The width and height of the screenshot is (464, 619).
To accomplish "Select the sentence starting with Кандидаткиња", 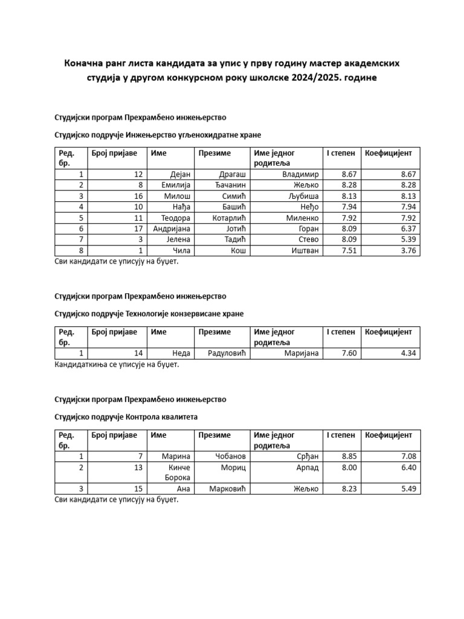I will (x=117, y=365).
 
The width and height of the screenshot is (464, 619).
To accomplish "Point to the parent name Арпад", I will (x=307, y=468).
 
